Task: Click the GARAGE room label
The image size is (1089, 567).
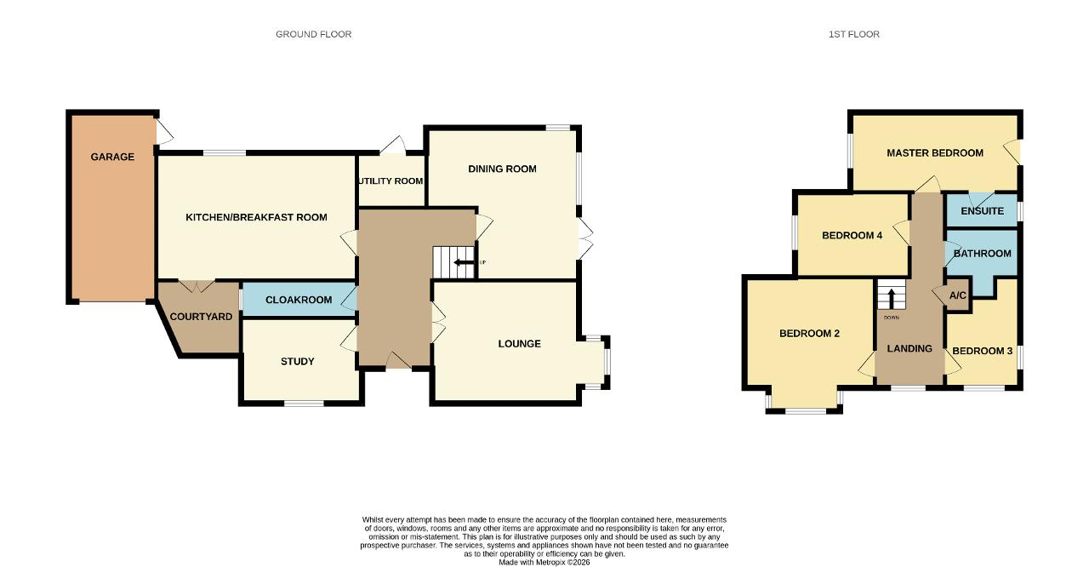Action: [x=112, y=157]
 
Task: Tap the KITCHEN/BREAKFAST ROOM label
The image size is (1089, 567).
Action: [x=256, y=217]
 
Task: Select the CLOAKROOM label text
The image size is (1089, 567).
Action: [x=299, y=300]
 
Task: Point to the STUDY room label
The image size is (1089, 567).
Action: [x=298, y=361]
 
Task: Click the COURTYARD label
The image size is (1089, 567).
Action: [x=201, y=317]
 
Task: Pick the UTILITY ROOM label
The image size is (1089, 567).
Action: [x=391, y=180]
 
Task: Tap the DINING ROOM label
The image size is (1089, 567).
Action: [x=502, y=169]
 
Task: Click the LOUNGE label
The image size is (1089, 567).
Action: [x=519, y=344]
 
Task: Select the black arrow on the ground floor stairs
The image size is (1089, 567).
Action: [x=464, y=262]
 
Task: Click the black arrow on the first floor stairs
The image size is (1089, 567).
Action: [x=891, y=299]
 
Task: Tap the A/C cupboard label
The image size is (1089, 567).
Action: [x=958, y=295]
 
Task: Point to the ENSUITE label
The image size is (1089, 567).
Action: [x=982, y=211]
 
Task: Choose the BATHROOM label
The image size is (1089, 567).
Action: [x=982, y=254]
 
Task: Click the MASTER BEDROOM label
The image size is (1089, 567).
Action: [x=935, y=153]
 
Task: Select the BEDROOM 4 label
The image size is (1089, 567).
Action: [x=852, y=235]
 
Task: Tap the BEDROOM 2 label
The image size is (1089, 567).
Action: [x=809, y=334]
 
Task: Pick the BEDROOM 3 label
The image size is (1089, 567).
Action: [x=982, y=351]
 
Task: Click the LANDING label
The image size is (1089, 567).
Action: [x=909, y=349]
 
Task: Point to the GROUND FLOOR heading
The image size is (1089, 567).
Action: [x=314, y=34]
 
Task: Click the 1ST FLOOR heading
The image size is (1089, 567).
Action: [x=854, y=34]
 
